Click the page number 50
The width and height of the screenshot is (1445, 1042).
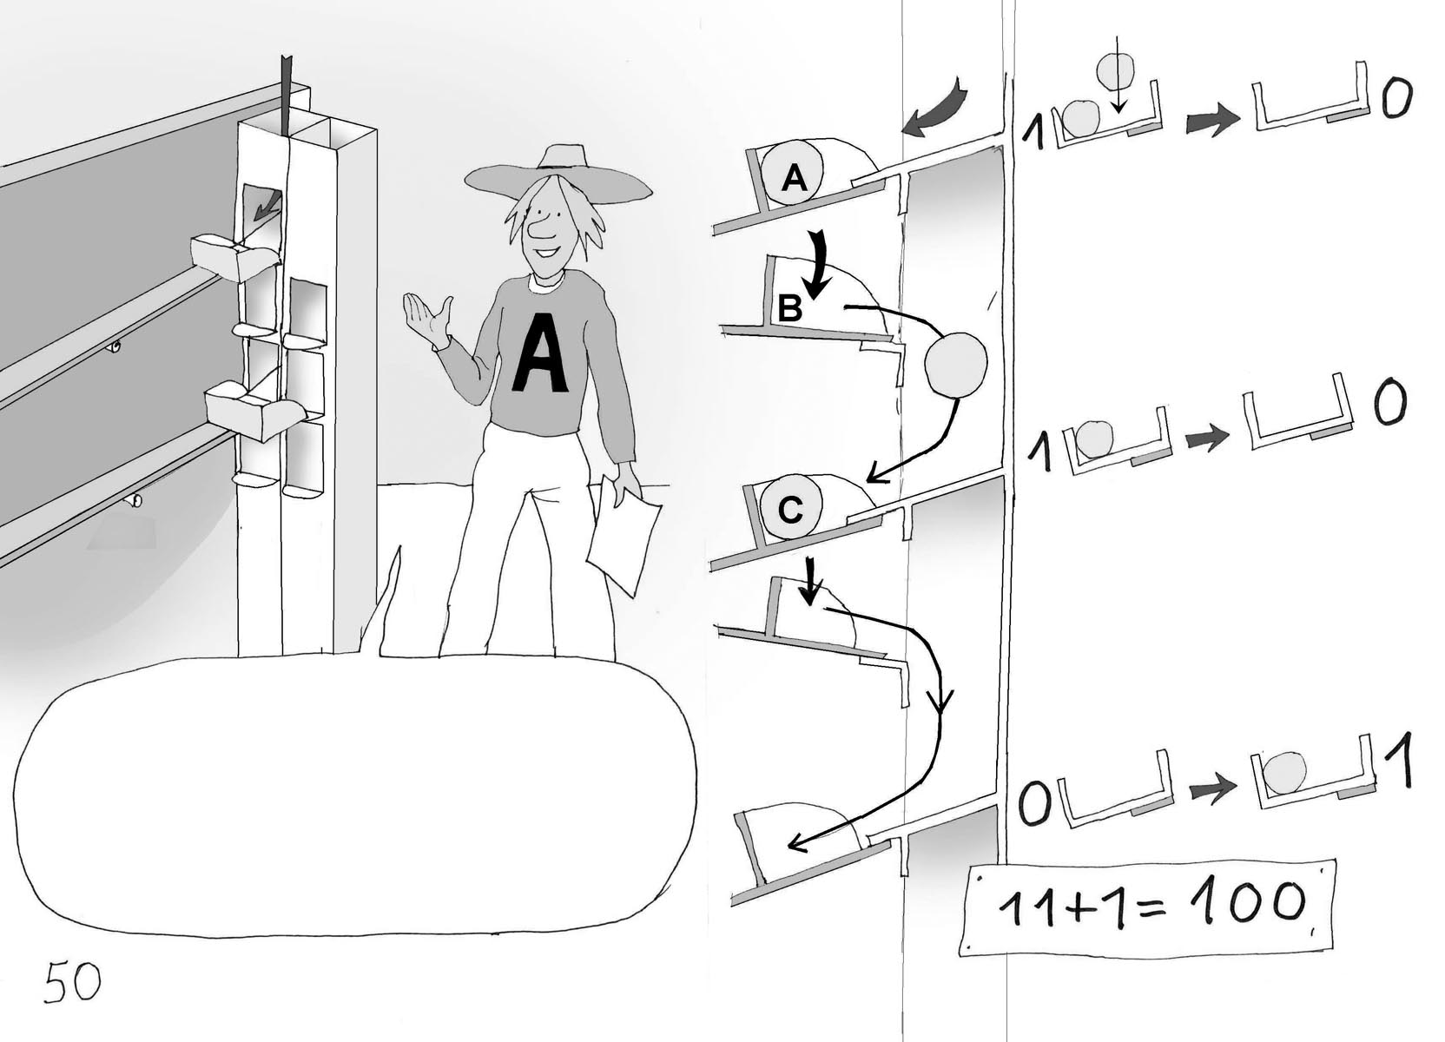[x=72, y=982]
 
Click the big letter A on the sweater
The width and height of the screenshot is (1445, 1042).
[x=540, y=353]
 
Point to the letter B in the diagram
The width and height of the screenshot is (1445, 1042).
[x=789, y=308]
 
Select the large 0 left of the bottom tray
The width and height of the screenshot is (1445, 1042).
[x=1034, y=805]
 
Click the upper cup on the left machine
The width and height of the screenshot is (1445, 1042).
[x=234, y=255]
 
